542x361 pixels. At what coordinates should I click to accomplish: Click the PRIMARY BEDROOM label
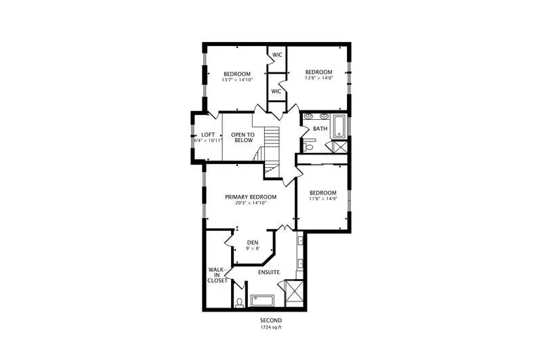click(x=251, y=197)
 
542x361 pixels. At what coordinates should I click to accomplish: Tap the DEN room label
click(x=253, y=243)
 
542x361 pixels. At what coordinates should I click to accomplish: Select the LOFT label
click(x=208, y=135)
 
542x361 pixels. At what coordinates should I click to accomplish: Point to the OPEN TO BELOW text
click(x=243, y=137)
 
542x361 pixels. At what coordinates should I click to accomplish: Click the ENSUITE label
click(x=269, y=272)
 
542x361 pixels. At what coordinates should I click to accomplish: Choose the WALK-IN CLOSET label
click(x=217, y=275)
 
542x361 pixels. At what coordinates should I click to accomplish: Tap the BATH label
click(x=320, y=129)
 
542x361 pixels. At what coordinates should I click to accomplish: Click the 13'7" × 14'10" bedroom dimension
click(x=238, y=80)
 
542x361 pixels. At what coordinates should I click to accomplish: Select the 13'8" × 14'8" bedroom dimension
click(x=318, y=78)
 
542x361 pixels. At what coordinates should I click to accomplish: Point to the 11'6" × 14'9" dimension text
click(x=323, y=198)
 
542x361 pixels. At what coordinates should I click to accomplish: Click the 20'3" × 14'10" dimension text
click(x=251, y=203)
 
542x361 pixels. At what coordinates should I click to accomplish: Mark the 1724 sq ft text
click(x=271, y=327)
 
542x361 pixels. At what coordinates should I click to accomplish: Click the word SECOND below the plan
click(x=271, y=320)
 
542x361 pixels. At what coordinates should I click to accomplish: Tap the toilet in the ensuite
click(x=239, y=303)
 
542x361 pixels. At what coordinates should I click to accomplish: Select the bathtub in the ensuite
click(x=263, y=301)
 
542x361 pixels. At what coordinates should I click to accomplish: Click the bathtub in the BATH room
click(x=339, y=127)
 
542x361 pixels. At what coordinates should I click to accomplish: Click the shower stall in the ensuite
click(x=294, y=294)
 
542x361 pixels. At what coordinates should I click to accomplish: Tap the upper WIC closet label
click(x=277, y=55)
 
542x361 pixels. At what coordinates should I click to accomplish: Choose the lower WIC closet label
click(x=276, y=91)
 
